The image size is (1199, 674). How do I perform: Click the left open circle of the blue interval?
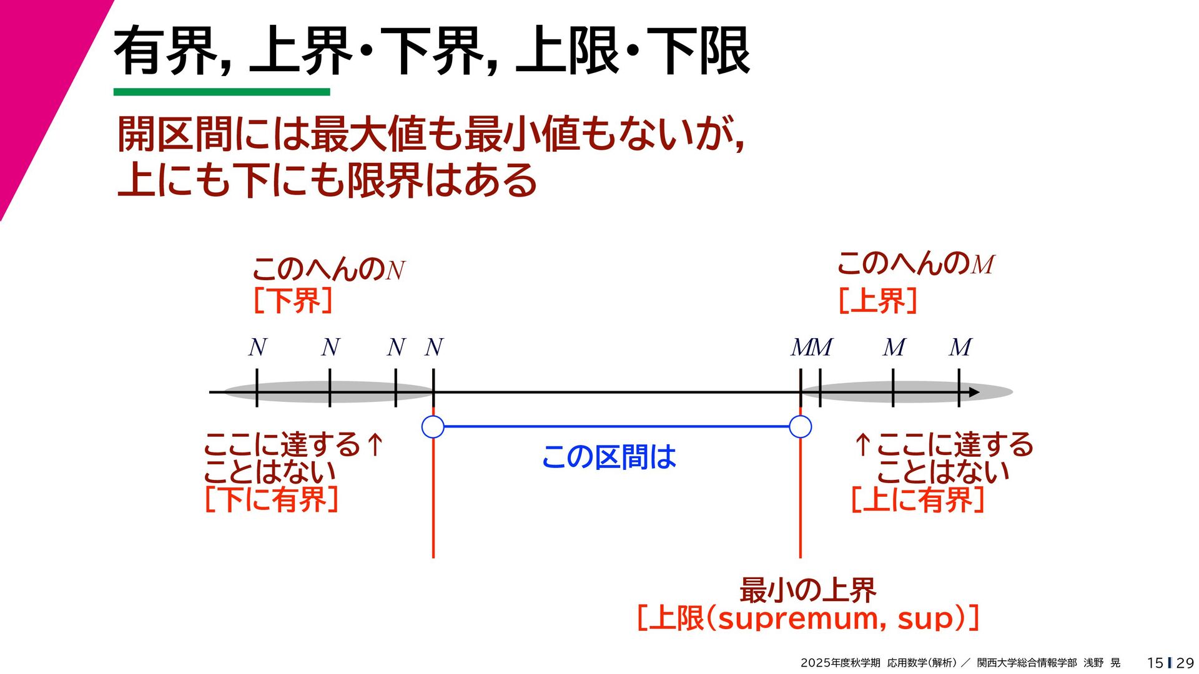click(x=433, y=427)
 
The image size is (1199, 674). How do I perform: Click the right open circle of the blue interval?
click(x=800, y=427)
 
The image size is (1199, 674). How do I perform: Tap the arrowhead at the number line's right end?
click(x=974, y=393)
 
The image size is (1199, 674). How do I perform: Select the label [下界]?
click(x=292, y=301)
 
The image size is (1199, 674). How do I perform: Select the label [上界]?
click(x=877, y=301)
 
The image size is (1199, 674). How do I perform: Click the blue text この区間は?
click(x=609, y=457)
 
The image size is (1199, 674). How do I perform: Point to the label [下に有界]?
click(x=272, y=499)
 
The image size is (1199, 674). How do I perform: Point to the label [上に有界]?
click(x=917, y=499)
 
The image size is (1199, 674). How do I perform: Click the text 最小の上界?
click(x=807, y=590)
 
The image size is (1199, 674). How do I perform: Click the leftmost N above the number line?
click(x=257, y=348)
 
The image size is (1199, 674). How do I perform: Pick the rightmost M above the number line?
click(x=960, y=348)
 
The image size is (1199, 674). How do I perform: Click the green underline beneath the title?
click(x=222, y=92)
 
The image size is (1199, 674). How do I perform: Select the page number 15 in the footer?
click(x=1155, y=663)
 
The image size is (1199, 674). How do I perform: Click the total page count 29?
click(x=1185, y=663)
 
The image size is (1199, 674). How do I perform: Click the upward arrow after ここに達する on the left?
click(x=375, y=444)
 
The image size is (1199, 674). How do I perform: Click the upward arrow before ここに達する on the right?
click(x=862, y=444)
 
